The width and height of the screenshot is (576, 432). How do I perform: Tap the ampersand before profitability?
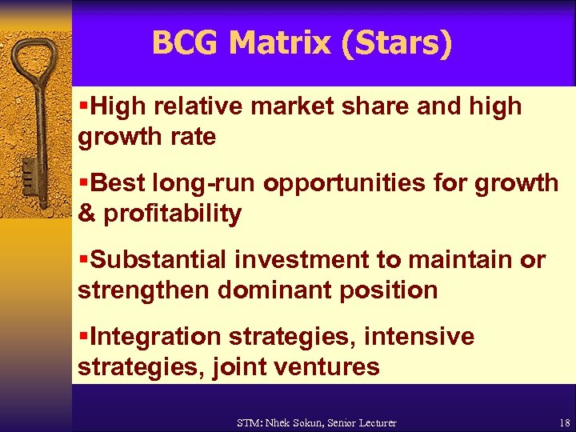pyautogui.click(x=86, y=214)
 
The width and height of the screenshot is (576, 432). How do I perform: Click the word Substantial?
pyautogui.click(x=160, y=260)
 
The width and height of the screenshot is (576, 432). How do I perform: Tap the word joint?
pyautogui.click(x=238, y=367)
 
